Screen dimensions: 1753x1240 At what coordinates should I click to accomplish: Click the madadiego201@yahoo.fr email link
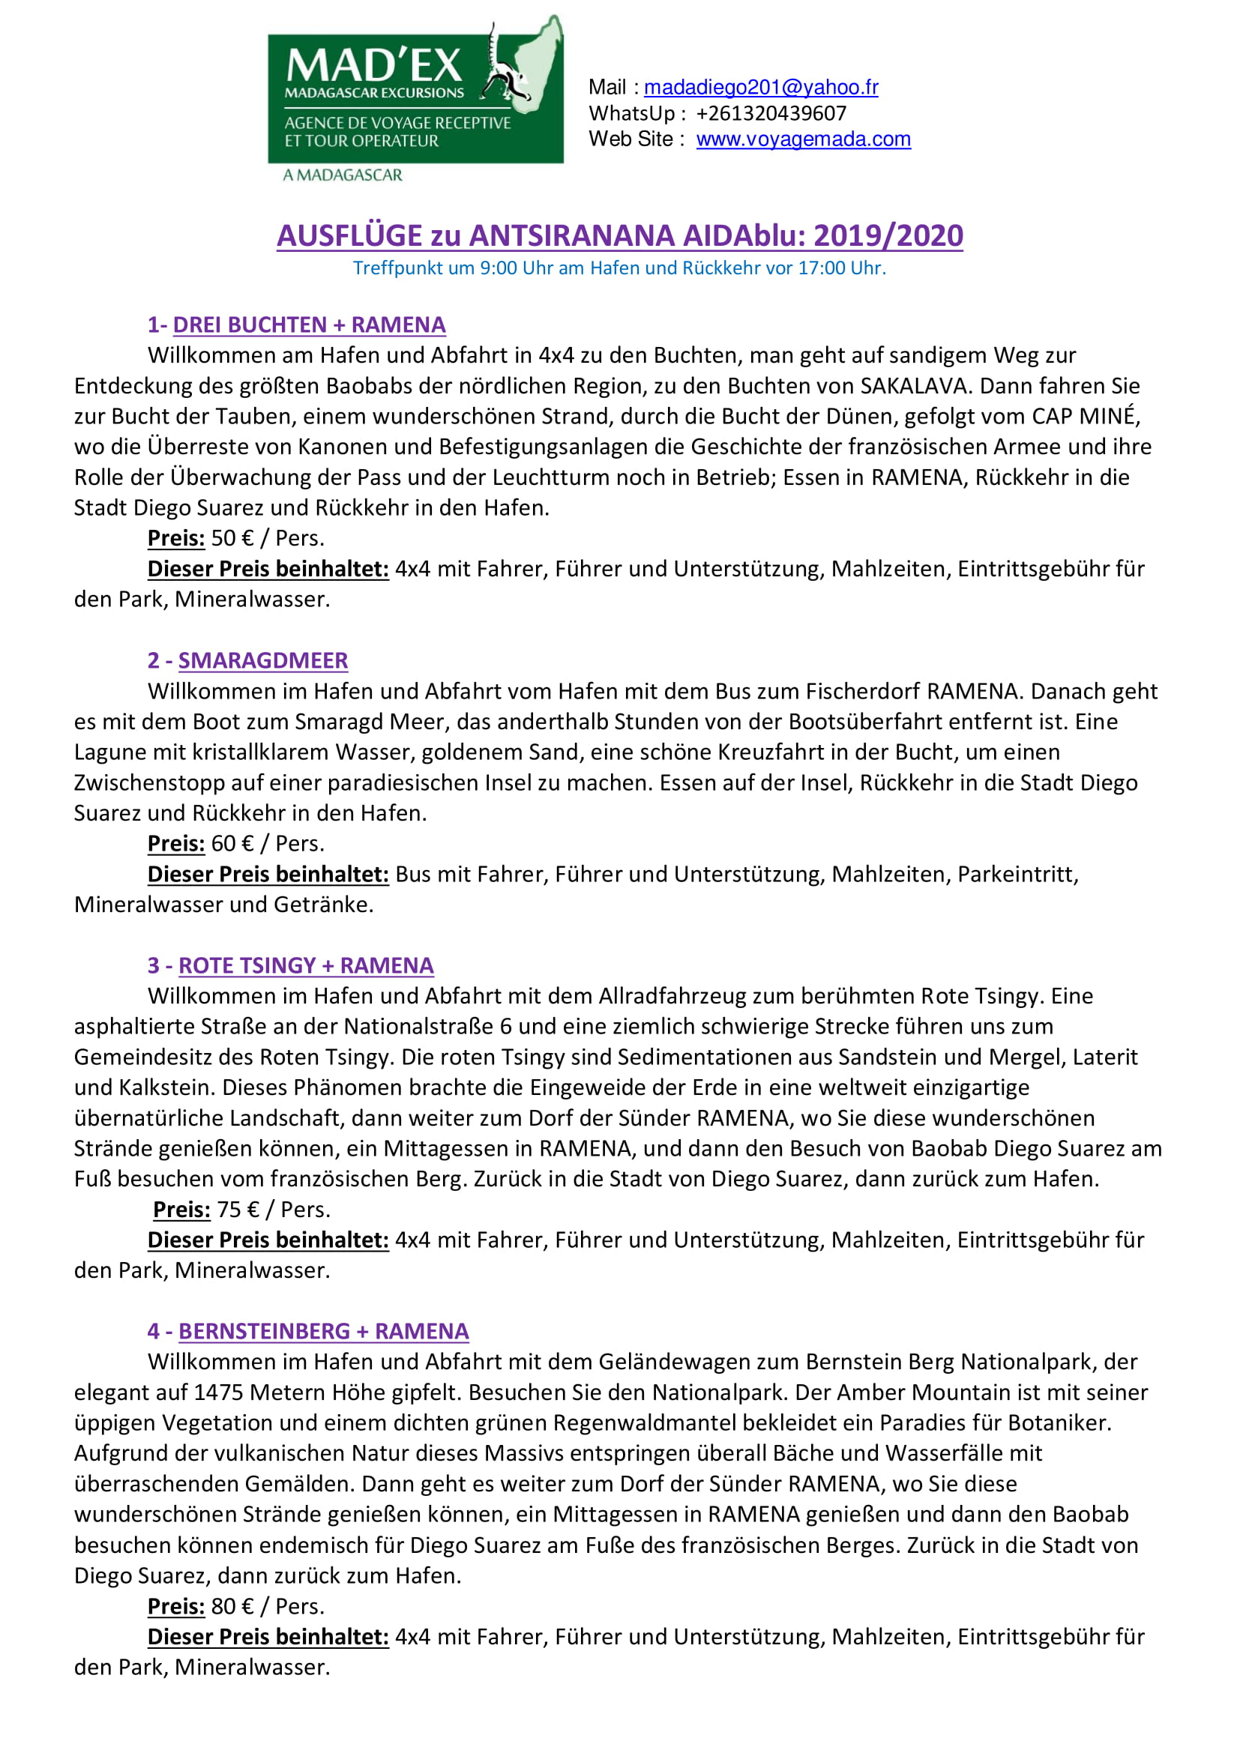click(760, 87)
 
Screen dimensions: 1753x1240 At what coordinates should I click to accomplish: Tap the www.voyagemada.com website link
click(803, 139)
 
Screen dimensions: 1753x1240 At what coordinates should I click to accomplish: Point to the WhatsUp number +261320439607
click(771, 113)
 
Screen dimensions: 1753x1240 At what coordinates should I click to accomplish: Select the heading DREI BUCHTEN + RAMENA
click(308, 325)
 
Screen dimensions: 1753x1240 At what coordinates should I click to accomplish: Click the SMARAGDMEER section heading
click(262, 660)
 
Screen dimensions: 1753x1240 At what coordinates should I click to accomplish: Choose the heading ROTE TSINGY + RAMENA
click(305, 965)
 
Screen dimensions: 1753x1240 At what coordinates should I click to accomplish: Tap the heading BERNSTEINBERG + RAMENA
click(323, 1331)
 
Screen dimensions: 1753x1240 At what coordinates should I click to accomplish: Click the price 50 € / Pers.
click(267, 538)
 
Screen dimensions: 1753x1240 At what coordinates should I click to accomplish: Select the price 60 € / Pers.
click(267, 843)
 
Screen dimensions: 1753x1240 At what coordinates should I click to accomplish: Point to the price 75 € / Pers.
click(274, 1210)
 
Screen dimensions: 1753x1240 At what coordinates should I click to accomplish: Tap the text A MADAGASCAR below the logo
click(342, 175)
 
